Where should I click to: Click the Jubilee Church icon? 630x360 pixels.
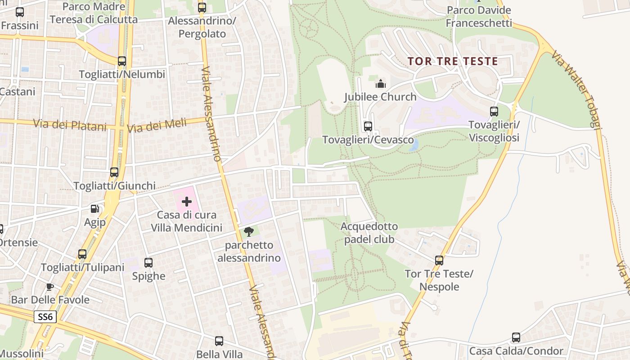coord(380,84)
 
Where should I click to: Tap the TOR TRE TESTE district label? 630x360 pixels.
coord(453,61)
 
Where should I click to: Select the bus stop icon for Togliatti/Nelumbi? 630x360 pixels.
coord(121,61)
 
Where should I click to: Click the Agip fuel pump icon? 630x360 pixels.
coord(94,209)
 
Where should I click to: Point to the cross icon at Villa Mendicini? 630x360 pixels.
coord(186,201)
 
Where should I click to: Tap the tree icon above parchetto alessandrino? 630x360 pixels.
coord(248,232)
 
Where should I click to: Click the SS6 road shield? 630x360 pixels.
coord(45,317)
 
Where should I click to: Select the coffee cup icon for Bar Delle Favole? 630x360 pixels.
coord(50,287)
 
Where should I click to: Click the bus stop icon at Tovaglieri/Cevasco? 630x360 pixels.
coord(368,126)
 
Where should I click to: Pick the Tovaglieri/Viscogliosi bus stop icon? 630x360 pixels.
coord(494,112)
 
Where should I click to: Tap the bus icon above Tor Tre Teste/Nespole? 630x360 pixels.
coord(439,260)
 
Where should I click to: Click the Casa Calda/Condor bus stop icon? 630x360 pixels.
coord(516,337)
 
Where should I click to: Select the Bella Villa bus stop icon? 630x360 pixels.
coord(219,341)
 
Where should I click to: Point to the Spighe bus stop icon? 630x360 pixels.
coord(148,263)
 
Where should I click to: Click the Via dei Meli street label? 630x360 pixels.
coord(157,125)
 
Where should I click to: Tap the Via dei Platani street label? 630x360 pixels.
coord(70,124)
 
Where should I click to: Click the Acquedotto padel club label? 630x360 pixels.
coord(369,233)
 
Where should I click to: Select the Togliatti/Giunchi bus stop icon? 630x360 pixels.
coord(114,172)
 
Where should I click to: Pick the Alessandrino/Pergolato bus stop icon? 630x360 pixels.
coord(202,8)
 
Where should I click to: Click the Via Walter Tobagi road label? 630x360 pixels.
coord(576,90)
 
